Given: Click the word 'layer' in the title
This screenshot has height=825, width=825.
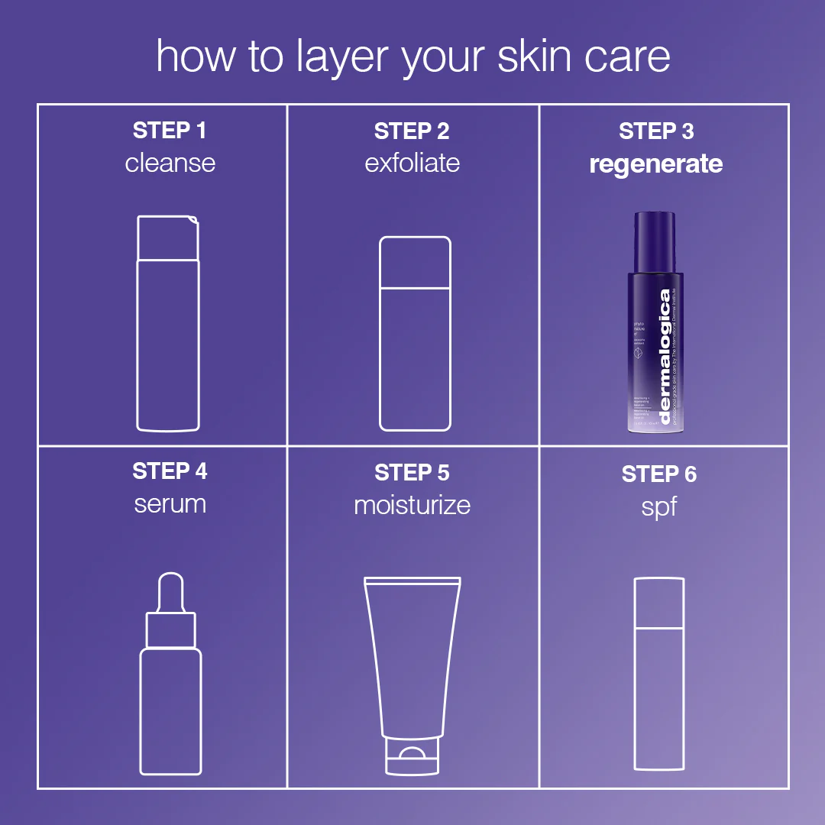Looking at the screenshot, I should click(341, 58).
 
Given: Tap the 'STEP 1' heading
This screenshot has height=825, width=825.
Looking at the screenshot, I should click(170, 131).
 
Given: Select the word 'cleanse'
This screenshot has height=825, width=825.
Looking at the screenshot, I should click(170, 163).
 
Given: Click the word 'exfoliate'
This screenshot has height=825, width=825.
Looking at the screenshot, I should click(412, 163).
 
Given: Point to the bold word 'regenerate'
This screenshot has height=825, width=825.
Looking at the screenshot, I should click(655, 163).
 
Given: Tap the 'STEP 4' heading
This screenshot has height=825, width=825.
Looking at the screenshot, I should click(170, 471).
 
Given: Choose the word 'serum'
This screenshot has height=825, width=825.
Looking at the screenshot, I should click(170, 504).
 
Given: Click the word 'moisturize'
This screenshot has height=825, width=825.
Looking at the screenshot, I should click(412, 505).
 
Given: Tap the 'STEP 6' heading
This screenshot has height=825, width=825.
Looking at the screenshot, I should click(658, 474).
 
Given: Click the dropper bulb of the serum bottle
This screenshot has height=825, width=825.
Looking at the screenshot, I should click(170, 595).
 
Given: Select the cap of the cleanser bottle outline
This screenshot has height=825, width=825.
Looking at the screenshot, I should click(168, 238).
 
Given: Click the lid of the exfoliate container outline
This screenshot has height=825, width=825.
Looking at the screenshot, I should click(415, 262).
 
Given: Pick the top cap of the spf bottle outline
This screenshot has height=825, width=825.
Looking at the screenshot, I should click(659, 603).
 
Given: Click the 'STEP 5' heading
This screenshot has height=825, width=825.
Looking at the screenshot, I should click(412, 473).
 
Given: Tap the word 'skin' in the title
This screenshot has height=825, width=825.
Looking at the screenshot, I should click(535, 57).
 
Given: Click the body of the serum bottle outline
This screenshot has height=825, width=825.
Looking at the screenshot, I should click(170, 710).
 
